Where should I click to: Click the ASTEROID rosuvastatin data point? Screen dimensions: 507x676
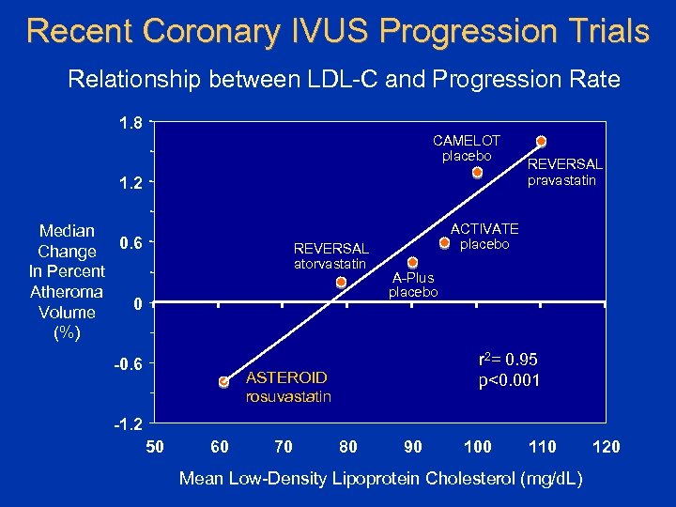coord(223,382)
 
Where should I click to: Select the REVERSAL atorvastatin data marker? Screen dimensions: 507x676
coord(341,282)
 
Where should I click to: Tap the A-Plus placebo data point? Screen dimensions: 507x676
coord(412,263)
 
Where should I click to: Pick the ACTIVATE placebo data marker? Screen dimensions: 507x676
coord(445,242)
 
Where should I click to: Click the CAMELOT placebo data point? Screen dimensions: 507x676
coord(477,173)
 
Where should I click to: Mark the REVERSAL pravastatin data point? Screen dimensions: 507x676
coord(541,142)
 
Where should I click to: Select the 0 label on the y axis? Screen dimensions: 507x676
coord(137,304)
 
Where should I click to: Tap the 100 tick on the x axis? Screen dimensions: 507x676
coord(477,446)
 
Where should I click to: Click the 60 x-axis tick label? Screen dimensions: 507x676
coord(220,446)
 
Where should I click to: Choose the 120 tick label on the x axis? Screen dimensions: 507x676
coord(607,446)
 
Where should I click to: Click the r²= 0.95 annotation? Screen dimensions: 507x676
coord(508,360)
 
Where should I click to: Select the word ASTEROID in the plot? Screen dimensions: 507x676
coord(285,377)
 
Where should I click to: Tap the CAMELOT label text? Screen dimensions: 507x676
coord(467,140)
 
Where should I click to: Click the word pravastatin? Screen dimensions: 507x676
coord(561,180)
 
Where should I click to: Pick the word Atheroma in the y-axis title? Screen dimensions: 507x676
coord(67,292)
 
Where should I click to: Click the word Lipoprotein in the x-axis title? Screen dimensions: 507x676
coord(390,479)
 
